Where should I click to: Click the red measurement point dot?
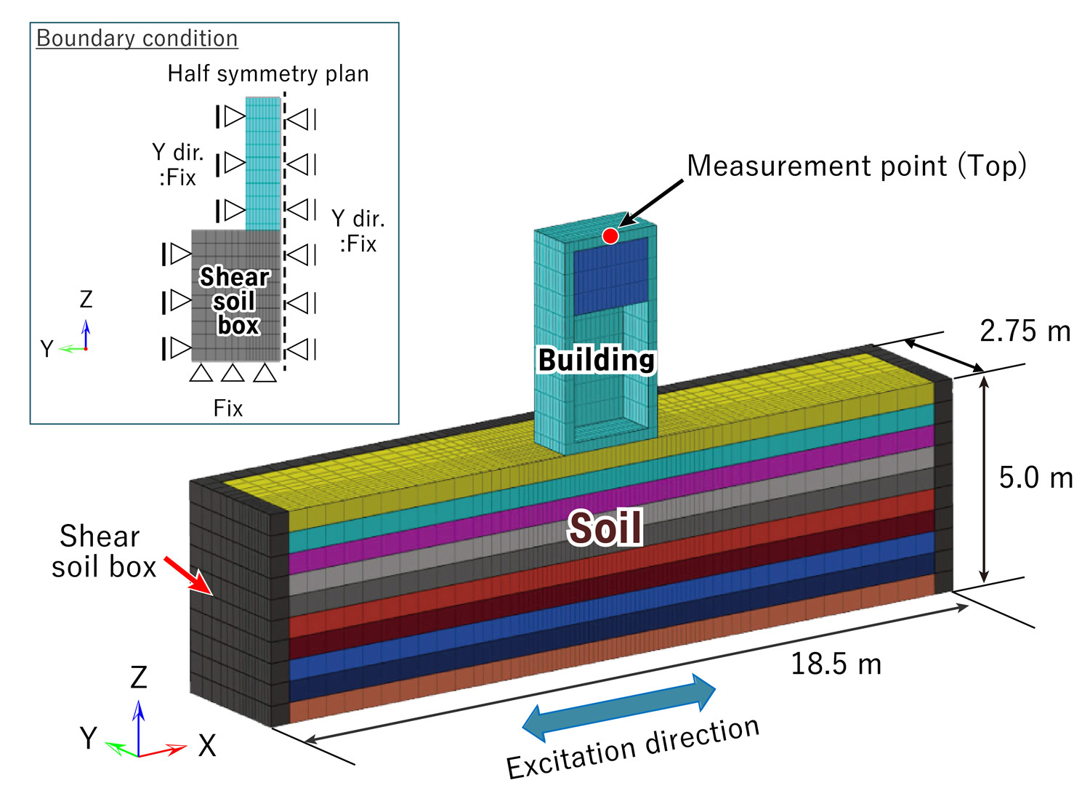pos(610,236)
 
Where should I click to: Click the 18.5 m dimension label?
pos(836,664)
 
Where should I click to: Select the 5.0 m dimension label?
pos(1035,478)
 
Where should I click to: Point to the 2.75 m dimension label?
pos(1025,331)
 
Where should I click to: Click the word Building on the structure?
pos(596,360)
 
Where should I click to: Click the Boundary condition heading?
pos(137,39)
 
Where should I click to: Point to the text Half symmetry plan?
pos(268,73)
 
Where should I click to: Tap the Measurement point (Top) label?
pos(856,166)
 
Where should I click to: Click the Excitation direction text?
pos(633,748)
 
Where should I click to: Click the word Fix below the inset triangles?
pos(228,408)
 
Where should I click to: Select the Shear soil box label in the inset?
pos(234,301)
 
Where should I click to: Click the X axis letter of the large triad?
pos(207,746)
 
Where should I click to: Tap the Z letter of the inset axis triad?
pos(86,299)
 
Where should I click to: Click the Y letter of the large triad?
pos(89,738)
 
